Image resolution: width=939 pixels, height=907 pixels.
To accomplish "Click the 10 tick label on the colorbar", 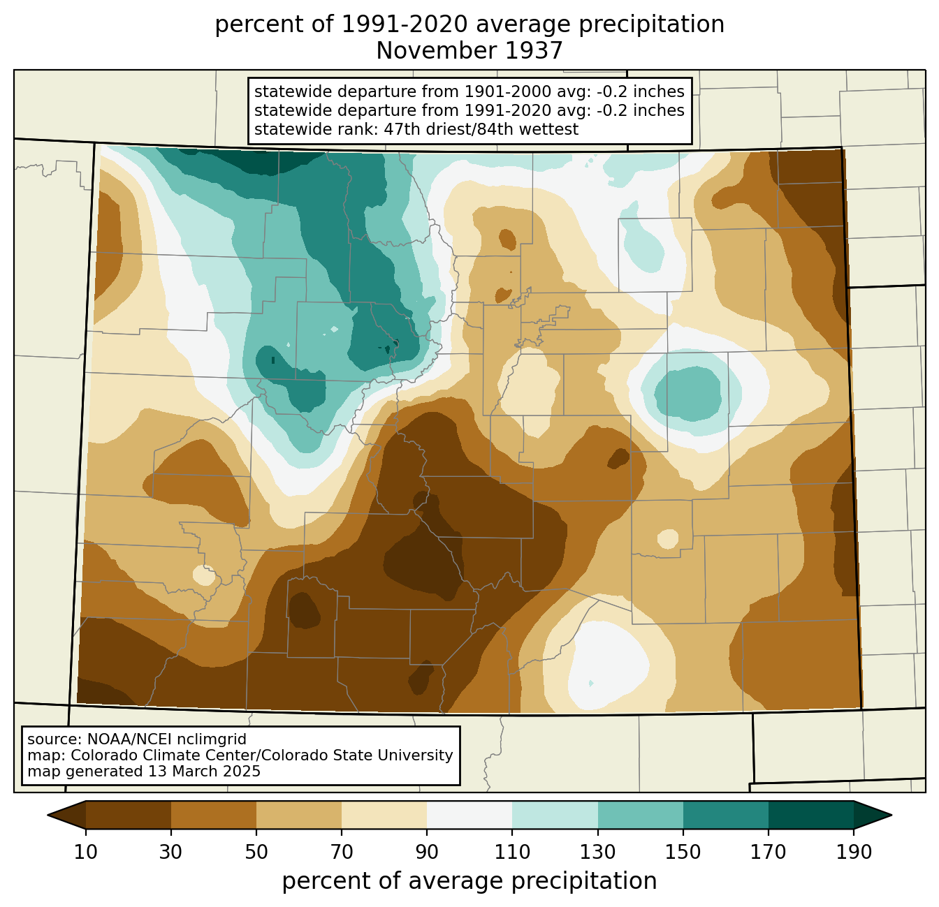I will click(86, 852).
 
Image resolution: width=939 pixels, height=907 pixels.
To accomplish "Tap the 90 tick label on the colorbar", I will click(427, 852).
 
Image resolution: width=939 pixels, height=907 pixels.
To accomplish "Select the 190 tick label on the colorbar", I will click(854, 852).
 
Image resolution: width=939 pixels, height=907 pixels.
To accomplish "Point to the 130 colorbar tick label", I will click(598, 852).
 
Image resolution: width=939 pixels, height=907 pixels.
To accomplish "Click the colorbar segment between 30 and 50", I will click(214, 815).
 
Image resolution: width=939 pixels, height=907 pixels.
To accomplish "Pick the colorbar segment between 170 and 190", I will click(811, 815).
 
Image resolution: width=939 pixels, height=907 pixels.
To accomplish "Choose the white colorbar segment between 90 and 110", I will click(469, 815).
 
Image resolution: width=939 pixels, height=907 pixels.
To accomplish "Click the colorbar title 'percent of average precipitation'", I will click(469, 881).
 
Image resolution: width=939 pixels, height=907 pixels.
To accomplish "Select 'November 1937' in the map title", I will click(469, 51).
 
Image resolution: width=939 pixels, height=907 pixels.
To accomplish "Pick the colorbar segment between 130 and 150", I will click(641, 815).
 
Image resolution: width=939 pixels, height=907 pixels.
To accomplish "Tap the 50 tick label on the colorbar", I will click(256, 852).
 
